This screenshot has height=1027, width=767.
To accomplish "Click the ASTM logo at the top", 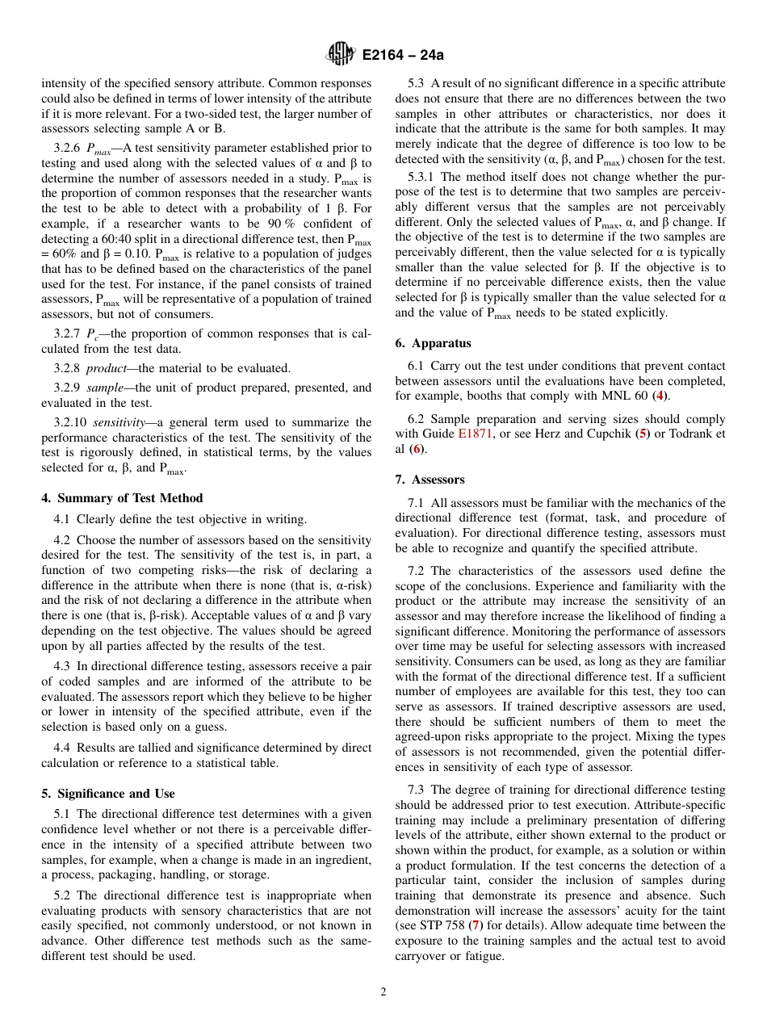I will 340,55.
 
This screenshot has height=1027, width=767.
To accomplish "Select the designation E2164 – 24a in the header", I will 401,56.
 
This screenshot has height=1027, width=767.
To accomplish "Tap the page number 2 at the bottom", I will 383,992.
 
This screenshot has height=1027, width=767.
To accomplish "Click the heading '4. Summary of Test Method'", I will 122,498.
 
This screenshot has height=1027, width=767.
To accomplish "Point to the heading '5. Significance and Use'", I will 107,794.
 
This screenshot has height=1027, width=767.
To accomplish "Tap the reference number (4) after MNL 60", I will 661,396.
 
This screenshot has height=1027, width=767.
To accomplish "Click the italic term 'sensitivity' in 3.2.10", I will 119,422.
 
